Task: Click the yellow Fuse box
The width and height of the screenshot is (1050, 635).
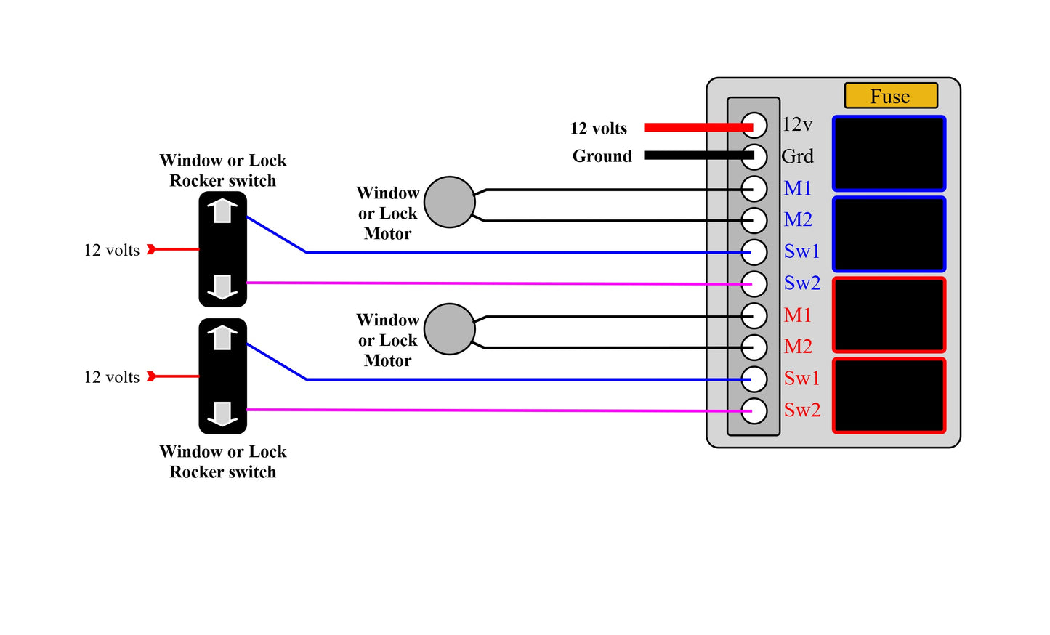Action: coord(890,96)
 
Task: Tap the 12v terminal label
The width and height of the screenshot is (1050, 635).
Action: coord(797,125)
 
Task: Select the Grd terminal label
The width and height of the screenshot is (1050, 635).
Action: coord(797,156)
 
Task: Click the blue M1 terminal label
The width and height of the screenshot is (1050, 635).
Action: coord(797,188)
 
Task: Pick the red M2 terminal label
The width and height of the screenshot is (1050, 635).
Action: coord(798,347)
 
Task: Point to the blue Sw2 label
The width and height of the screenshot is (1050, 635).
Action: coord(801,283)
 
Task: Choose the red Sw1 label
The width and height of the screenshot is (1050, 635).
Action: coord(801,379)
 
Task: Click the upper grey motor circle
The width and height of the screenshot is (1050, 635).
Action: coord(449,202)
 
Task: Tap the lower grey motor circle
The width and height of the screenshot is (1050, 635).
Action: coord(449,329)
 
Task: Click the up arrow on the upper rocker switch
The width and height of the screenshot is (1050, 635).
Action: coord(222,211)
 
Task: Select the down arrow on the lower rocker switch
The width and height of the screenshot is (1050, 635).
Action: coord(222,413)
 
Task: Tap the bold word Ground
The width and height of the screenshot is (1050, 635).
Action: coord(602,156)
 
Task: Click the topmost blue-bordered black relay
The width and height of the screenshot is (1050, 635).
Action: coord(889,154)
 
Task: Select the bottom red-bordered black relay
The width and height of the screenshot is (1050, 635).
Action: coord(889,396)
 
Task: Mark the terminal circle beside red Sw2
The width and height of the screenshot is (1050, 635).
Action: coord(754,410)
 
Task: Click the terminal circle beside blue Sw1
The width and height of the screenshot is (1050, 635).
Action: coord(754,252)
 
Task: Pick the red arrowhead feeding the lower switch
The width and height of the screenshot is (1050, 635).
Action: coord(151,376)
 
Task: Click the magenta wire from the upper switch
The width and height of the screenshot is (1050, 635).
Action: coord(494,283)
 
